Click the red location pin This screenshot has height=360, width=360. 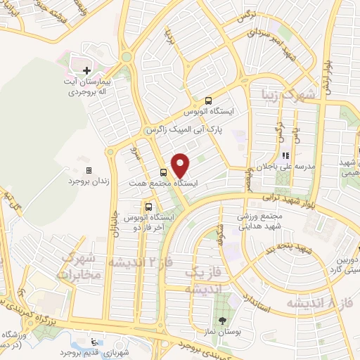point(181,165)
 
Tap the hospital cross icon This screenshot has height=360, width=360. point(87,70)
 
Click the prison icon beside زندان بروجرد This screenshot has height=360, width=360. point(89,170)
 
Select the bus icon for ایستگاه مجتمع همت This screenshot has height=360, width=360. point(164,172)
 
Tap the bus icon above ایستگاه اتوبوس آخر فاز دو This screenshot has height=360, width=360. point(148,207)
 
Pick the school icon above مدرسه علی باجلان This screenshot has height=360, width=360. point(285,156)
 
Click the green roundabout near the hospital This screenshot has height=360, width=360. point(127,57)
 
